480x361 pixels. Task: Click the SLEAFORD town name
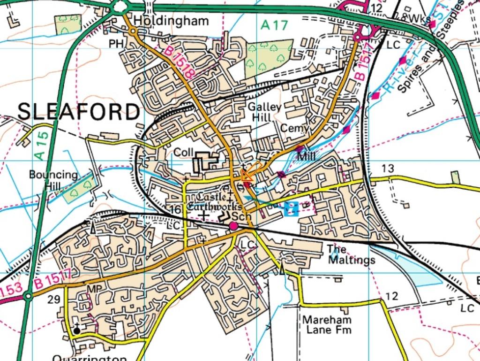pos(79,112)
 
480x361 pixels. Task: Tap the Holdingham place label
pos(171,21)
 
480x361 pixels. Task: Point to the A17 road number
pos(274,25)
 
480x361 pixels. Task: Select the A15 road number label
pos(42,145)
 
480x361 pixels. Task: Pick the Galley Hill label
pos(265,112)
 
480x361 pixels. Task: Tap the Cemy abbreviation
pos(295,128)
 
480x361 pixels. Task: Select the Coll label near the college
pos(183,153)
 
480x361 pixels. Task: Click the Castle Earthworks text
pos(214,201)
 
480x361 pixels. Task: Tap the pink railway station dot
pos(233,226)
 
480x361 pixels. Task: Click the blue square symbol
pos(291,208)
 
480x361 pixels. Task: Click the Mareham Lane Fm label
pos(326,324)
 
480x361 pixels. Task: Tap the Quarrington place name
pos(89,358)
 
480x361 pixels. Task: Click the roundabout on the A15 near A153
pos(29,296)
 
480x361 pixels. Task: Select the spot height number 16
pos(175,210)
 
